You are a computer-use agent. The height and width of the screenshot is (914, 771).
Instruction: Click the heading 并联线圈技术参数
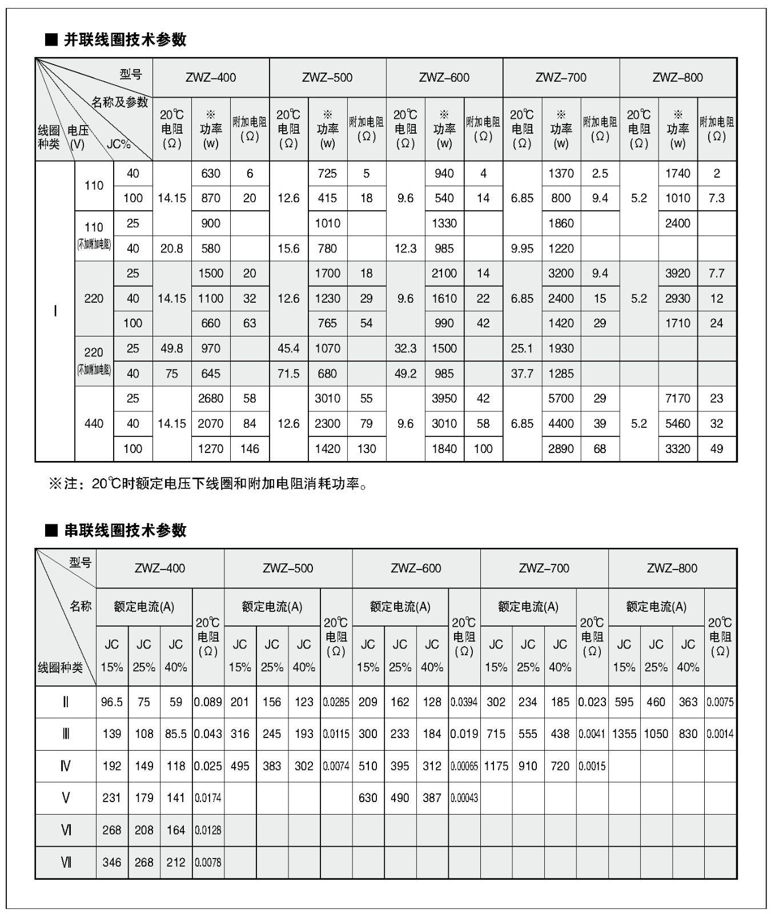(x=125, y=39)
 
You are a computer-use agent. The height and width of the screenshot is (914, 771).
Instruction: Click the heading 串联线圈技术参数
(x=125, y=530)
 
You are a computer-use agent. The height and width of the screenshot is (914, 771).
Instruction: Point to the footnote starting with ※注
(x=208, y=484)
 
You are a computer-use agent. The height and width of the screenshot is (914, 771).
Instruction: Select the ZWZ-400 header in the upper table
(x=211, y=78)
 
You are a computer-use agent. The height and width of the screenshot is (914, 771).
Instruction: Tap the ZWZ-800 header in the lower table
(x=672, y=568)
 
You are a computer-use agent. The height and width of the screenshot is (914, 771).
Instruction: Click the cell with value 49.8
(x=172, y=348)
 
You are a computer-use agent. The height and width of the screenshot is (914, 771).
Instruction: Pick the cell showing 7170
(x=678, y=399)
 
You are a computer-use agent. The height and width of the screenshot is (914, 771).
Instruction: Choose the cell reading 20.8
(x=172, y=248)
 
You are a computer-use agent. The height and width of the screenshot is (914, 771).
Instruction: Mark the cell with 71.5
(x=288, y=374)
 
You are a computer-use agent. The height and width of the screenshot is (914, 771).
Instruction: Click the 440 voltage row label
(x=94, y=424)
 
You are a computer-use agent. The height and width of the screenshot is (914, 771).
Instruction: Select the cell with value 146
(x=250, y=449)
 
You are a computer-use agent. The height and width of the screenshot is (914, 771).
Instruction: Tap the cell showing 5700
(x=561, y=399)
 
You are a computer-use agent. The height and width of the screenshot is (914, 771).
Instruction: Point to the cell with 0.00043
(x=464, y=798)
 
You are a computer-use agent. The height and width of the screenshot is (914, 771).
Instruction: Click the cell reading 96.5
(x=112, y=702)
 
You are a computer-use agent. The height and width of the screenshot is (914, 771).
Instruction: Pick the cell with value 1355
(x=624, y=734)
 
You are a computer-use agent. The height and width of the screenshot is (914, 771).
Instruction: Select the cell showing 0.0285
(x=336, y=702)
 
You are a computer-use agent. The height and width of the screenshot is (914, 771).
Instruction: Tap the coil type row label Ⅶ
(x=66, y=862)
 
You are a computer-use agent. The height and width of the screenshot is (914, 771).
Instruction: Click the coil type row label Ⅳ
(x=66, y=766)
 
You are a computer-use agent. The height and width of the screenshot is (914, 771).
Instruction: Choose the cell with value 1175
(x=496, y=766)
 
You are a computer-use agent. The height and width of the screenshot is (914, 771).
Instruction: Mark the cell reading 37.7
(x=522, y=374)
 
